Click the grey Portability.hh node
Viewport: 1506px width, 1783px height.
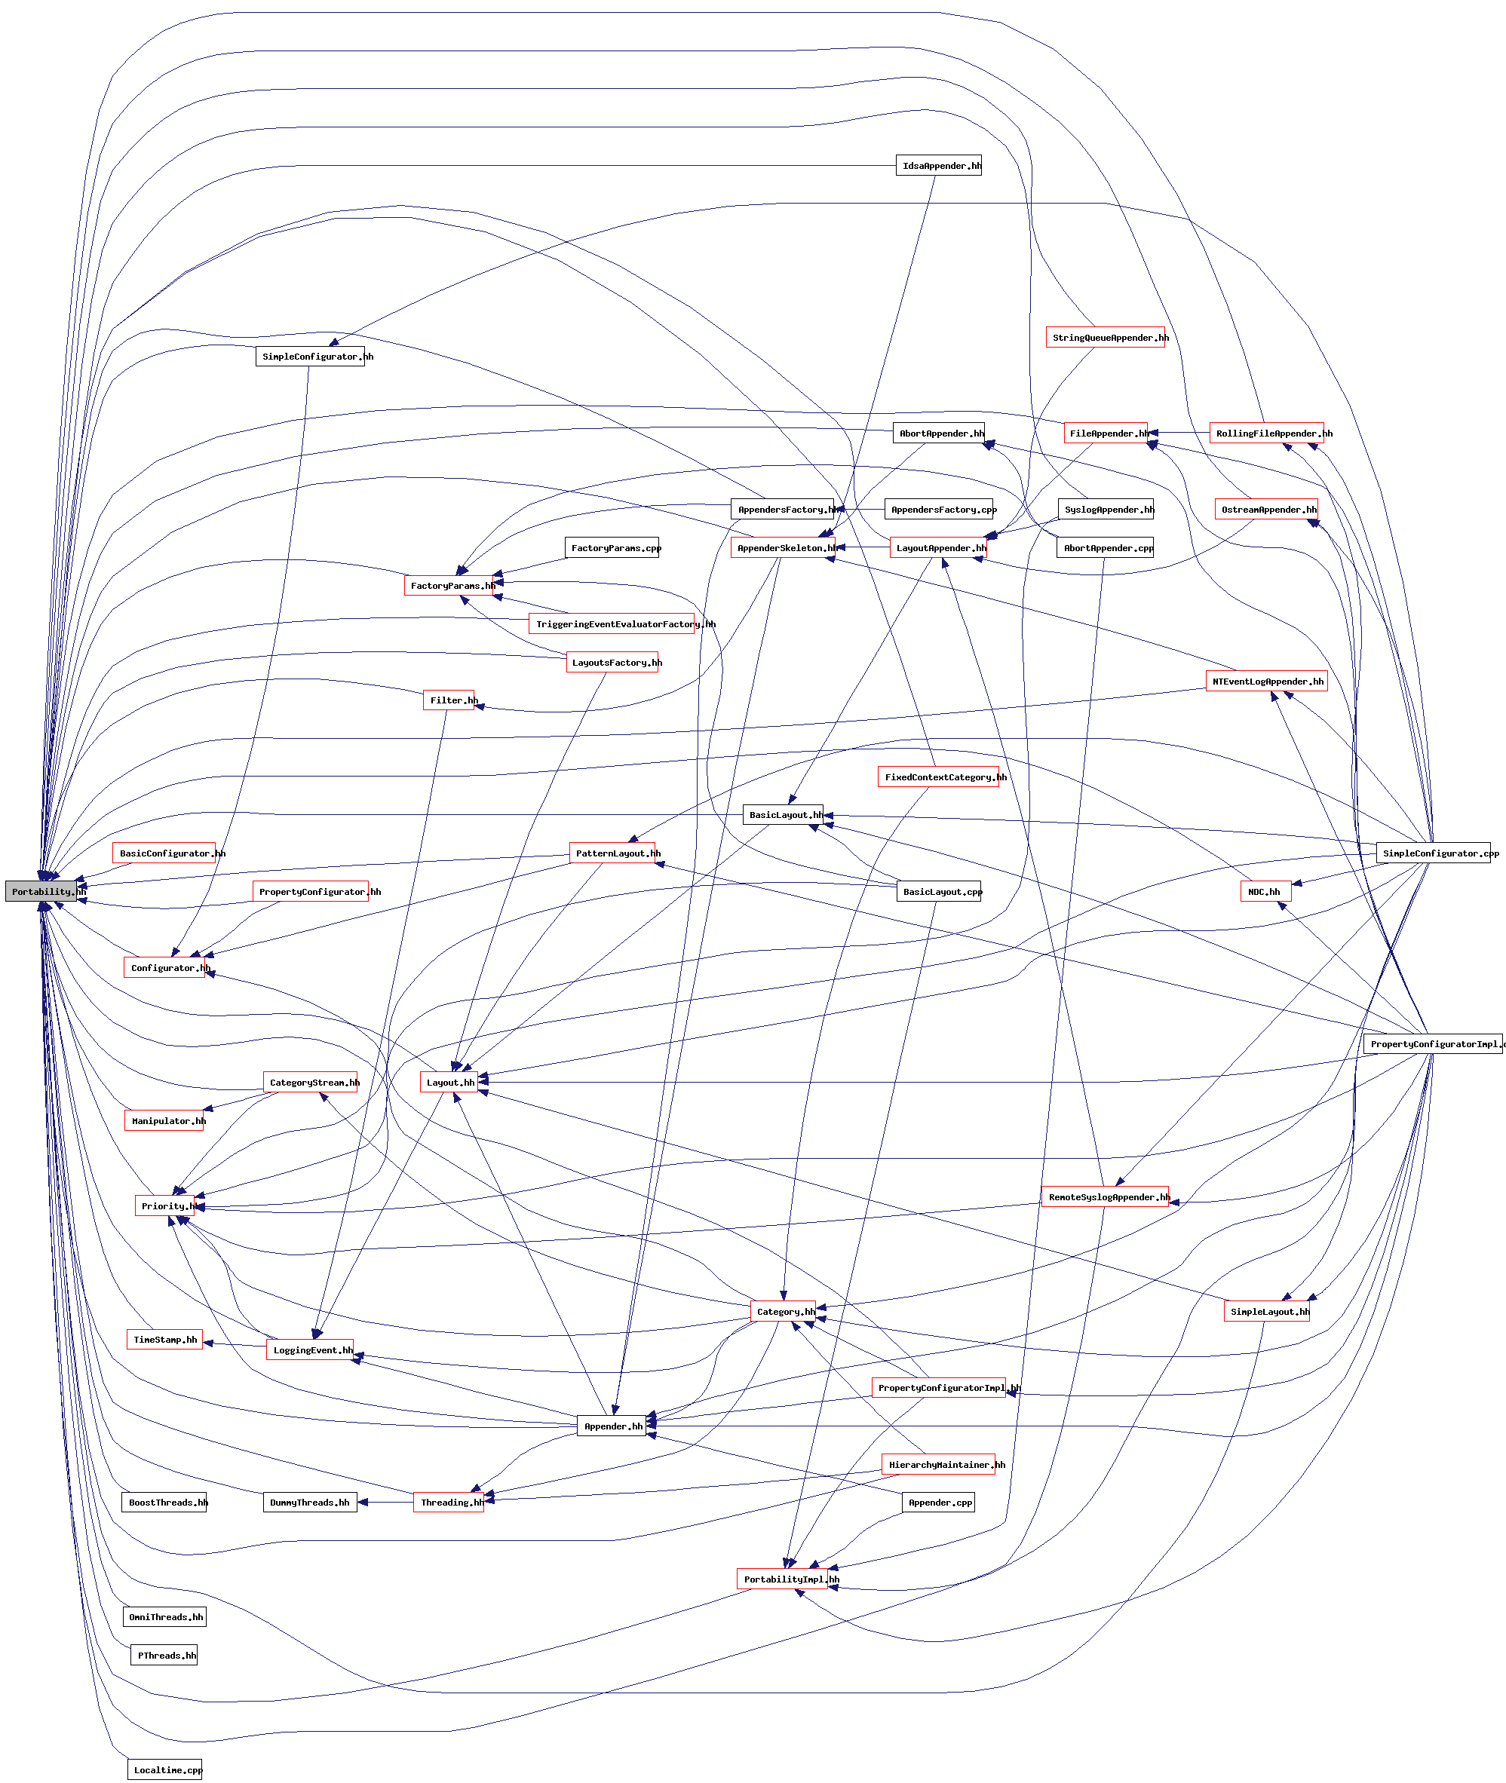[x=45, y=891]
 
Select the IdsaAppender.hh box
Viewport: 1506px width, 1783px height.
[x=938, y=166]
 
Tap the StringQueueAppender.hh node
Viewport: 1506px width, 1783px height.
[x=1106, y=338]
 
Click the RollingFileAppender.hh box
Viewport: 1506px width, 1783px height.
[x=1266, y=433]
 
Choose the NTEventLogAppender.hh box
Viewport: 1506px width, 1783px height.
[x=1266, y=681]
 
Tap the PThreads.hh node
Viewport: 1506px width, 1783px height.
[x=164, y=1655]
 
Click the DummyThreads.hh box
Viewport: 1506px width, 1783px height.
[x=310, y=1503]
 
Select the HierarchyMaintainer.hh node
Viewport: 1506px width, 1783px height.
[x=938, y=1465]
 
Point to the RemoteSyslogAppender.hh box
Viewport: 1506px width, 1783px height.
[x=1105, y=1196]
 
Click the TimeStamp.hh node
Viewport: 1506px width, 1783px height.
[x=164, y=1339]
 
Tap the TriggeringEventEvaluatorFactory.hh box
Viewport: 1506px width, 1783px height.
[x=612, y=624]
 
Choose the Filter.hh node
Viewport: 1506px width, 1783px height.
[x=449, y=700]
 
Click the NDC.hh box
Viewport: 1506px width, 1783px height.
[x=1265, y=891]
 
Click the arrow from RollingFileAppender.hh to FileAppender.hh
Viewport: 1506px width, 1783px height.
[x=1179, y=433]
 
